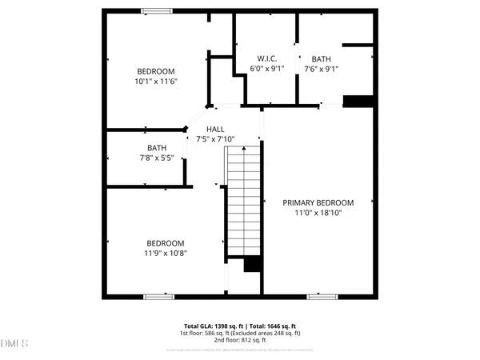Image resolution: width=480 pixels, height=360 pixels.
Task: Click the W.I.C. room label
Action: click(266, 58)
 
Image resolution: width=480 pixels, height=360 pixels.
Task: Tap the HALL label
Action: click(215, 129)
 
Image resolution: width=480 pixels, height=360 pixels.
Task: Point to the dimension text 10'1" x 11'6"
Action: click(154, 81)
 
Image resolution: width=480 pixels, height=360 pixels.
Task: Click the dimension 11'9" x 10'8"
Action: click(165, 254)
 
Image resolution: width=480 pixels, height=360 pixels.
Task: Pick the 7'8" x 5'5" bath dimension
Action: click(156, 158)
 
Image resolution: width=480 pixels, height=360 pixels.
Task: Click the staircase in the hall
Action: click(244, 204)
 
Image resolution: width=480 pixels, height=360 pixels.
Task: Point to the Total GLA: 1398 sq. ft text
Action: click(210, 326)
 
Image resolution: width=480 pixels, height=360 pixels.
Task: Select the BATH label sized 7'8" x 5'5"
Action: click(156, 147)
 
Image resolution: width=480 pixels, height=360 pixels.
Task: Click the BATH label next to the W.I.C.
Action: click(320, 58)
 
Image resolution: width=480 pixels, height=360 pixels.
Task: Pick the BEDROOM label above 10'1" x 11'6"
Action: click(154, 70)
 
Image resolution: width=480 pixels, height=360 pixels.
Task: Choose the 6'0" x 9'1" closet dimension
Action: click(266, 69)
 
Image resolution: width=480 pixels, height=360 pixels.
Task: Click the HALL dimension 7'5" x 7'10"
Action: click(221, 139)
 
